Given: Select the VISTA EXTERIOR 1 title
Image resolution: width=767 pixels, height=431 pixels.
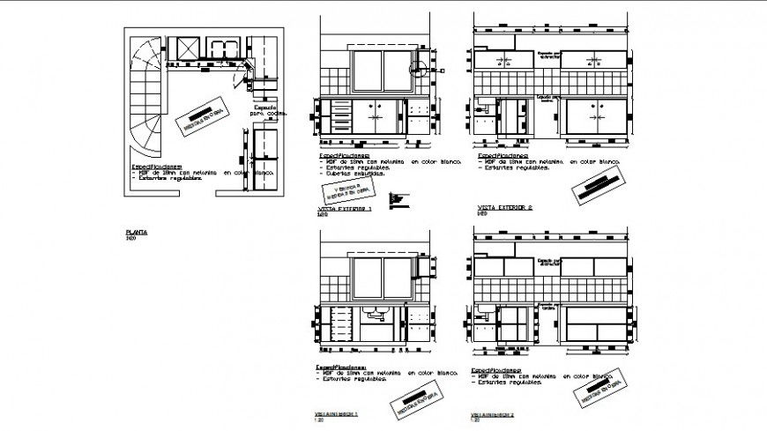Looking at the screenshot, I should [x=344, y=209].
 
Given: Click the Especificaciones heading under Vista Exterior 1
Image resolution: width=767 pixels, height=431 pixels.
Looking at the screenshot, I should [x=341, y=152].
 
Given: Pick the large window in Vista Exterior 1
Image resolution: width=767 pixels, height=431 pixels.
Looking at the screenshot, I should [x=380, y=71].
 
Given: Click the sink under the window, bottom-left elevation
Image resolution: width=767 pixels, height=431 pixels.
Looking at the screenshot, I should [x=376, y=312].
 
